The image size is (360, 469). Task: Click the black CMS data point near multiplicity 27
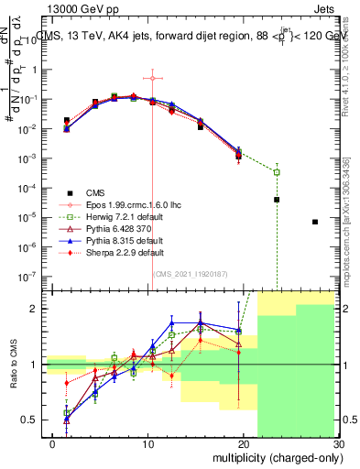[x=315, y=222]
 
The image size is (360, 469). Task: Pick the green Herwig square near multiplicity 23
[x=277, y=172]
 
